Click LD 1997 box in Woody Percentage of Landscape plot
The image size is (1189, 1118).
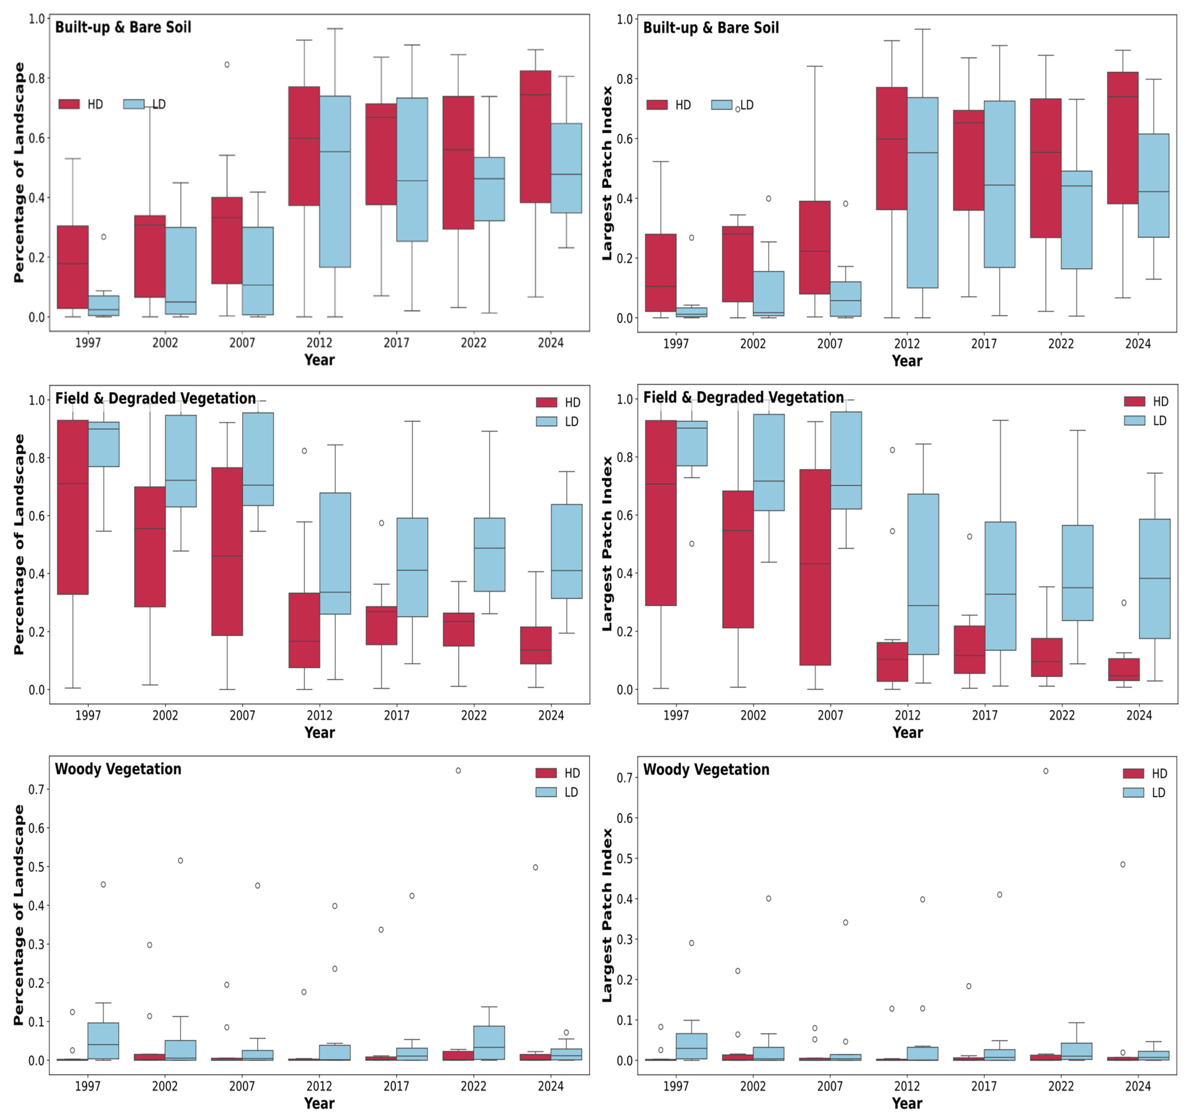coord(104,1041)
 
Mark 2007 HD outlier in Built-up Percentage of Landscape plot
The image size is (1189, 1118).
coord(227,65)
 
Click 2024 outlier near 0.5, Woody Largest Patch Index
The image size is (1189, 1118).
coord(1123,864)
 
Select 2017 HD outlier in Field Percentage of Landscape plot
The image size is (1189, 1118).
coord(381,523)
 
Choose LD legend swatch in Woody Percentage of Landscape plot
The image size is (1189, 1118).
coord(546,792)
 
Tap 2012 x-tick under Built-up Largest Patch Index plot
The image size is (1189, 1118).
coord(907,344)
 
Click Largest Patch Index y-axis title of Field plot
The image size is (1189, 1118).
coord(607,543)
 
